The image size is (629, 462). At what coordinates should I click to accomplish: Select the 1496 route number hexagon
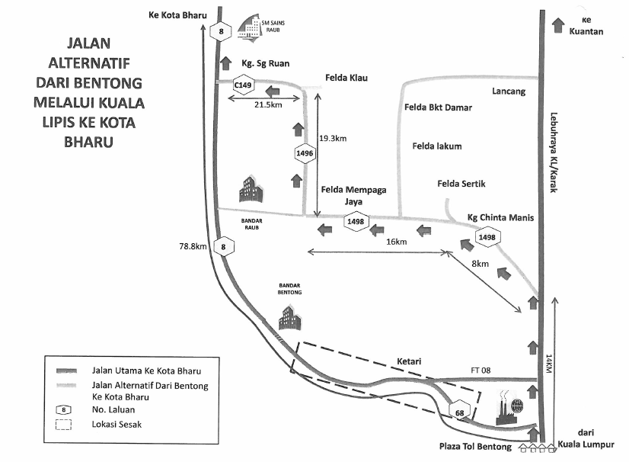(305, 153)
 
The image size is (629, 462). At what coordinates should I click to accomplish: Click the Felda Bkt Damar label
(438, 108)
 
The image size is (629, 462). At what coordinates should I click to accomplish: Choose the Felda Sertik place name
(461, 184)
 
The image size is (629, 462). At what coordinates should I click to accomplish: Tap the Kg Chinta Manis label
(501, 218)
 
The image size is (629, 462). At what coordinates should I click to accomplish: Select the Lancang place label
(509, 91)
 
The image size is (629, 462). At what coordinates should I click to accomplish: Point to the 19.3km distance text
(333, 139)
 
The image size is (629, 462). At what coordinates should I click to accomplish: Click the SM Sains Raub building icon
(249, 27)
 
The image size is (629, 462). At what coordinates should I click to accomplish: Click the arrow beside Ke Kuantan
(557, 25)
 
